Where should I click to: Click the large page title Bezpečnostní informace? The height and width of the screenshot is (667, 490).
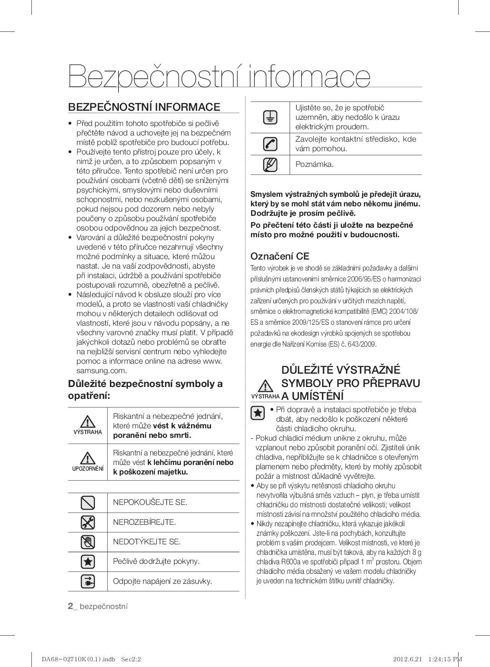[219, 76]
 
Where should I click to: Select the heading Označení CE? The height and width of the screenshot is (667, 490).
[279, 256]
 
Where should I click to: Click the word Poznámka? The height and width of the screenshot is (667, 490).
[314, 164]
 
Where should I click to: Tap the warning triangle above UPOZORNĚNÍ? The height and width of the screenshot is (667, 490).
[87, 458]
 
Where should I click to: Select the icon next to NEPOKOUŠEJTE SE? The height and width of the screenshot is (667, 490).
[88, 503]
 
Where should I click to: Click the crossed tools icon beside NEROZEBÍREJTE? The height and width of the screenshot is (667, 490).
[88, 522]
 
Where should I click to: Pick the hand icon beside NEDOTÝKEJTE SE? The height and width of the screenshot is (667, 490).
[88, 542]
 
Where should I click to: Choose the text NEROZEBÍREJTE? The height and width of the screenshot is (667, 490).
[144, 522]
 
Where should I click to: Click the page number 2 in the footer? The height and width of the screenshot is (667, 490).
[70, 606]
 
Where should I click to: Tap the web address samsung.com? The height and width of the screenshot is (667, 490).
[102, 371]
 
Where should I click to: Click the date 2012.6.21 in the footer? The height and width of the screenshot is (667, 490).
[407, 659]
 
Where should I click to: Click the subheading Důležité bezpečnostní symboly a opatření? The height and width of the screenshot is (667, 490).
[145, 389]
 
